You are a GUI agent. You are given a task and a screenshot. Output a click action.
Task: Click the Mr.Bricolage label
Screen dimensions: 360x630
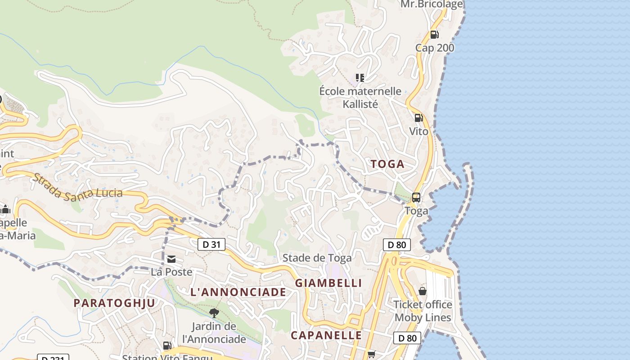(432, 4)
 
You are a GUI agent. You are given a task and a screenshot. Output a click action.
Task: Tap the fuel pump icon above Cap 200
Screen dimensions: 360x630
(434, 34)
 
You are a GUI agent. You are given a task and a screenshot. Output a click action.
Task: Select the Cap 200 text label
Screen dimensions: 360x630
(435, 48)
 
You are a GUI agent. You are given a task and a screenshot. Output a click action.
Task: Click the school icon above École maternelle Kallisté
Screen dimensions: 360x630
(360, 78)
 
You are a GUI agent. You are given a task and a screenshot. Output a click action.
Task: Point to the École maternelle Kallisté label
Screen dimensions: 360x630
(360, 98)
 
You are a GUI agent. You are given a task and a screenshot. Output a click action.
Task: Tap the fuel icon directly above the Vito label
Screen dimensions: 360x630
(418, 118)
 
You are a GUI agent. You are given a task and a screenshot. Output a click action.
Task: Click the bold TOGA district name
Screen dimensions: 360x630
(387, 164)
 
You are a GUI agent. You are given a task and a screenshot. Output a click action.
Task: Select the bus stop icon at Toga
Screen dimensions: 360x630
(416, 197)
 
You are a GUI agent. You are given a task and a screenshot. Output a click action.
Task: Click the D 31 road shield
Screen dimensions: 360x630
(211, 244)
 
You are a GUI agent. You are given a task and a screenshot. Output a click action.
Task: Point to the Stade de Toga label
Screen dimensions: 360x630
(317, 258)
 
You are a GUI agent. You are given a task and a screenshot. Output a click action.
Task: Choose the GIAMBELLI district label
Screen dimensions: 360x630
(328, 283)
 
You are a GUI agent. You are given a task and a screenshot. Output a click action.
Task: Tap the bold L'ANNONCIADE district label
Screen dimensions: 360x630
(238, 292)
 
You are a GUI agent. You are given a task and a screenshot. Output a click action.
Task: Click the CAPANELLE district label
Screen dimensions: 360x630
(326, 335)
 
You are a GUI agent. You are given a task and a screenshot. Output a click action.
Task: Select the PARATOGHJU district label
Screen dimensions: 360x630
(114, 303)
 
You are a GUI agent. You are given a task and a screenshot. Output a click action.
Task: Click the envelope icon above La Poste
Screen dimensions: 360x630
(171, 259)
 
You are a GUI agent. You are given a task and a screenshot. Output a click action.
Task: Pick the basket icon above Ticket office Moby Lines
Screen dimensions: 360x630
(423, 291)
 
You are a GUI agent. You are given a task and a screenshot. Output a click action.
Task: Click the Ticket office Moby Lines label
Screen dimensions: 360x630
(423, 311)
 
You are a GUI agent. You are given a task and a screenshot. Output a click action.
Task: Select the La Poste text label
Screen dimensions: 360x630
(171, 272)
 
